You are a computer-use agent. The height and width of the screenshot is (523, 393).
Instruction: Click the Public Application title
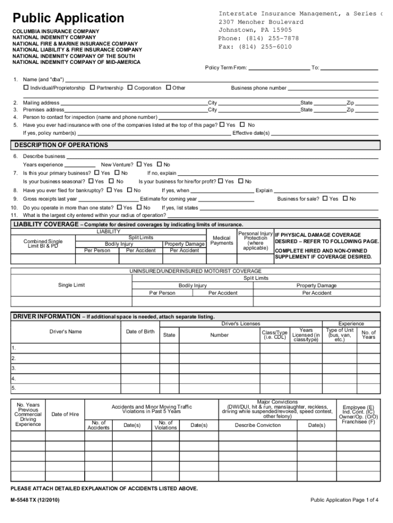click(68, 18)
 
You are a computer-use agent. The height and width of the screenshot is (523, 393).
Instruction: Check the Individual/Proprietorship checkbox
click(26, 88)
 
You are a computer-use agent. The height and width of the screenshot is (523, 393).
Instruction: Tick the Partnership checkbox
click(92, 88)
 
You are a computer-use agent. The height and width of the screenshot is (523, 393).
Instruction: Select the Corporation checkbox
click(130, 88)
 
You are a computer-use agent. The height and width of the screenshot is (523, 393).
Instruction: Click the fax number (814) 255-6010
click(255, 46)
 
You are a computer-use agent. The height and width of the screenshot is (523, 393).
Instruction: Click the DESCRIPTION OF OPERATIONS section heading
click(61, 145)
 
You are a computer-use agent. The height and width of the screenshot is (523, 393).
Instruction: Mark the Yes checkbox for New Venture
click(139, 164)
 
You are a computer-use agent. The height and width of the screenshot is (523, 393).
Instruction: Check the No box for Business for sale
click(345, 199)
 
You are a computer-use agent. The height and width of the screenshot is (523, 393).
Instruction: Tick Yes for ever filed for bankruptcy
click(109, 191)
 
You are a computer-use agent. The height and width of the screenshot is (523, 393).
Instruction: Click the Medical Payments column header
click(222, 240)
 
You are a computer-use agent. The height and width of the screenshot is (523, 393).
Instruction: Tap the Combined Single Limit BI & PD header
click(43, 244)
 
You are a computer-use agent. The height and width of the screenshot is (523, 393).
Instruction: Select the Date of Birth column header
click(140, 332)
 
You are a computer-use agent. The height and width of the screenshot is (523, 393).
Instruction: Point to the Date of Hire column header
click(65, 414)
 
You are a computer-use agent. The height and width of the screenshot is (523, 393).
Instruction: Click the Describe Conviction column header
click(258, 425)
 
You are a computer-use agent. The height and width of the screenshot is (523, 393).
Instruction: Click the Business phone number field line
click(333, 89)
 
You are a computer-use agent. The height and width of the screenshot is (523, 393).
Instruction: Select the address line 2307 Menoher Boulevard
click(261, 22)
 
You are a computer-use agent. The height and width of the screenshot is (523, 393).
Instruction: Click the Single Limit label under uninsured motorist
click(71, 285)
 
